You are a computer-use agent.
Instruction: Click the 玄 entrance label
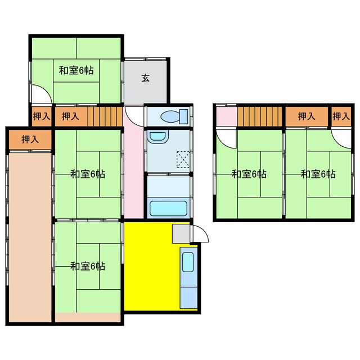tap(145, 78)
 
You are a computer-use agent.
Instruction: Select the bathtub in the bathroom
tap(168, 209)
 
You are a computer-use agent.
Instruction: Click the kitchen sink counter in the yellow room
tap(188, 277)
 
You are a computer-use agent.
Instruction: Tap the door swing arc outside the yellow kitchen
tap(201, 234)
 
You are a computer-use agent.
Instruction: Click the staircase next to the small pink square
tap(258, 116)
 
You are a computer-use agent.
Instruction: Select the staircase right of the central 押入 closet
tap(105, 116)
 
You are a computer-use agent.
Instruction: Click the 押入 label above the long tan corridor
tap(30, 139)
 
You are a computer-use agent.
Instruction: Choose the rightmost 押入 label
tap(341, 116)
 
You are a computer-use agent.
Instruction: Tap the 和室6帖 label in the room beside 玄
tap(76, 70)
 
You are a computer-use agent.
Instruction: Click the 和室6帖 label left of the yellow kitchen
tap(87, 266)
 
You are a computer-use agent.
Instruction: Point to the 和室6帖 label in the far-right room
tap(318, 174)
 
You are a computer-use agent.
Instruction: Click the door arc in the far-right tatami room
tap(339, 137)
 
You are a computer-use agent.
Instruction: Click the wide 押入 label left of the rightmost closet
tap(307, 116)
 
